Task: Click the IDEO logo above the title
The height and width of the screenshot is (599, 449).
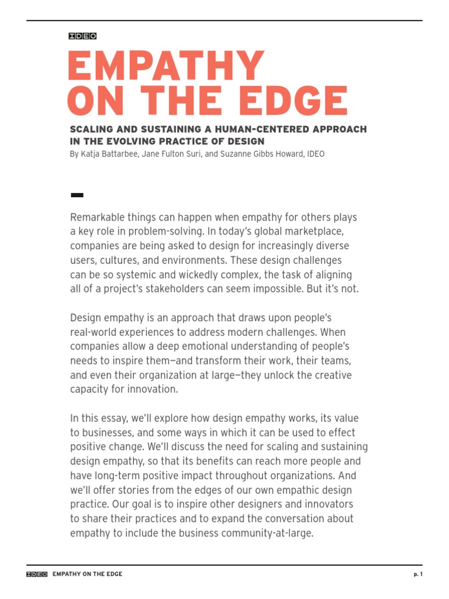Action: [82, 36]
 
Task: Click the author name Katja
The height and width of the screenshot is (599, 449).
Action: [94, 154]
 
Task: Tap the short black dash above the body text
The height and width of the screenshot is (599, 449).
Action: [76, 195]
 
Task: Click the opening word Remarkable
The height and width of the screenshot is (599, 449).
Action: [97, 218]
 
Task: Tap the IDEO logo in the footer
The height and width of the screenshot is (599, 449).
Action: [37, 574]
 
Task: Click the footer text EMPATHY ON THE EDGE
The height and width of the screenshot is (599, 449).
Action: [87, 574]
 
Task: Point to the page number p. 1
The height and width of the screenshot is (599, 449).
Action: [417, 574]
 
